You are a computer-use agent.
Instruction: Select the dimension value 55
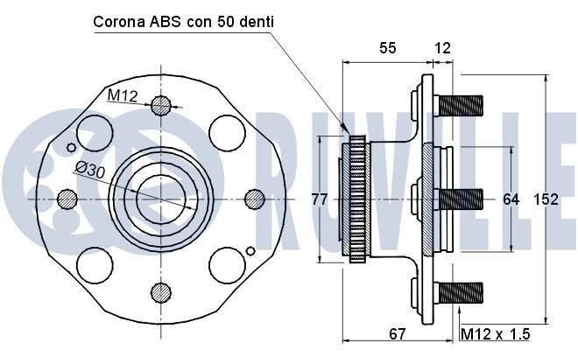point(388,48)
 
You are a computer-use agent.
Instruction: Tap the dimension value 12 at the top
point(442,48)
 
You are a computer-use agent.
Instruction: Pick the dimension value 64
point(511,199)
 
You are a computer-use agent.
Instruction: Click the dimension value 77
point(320,199)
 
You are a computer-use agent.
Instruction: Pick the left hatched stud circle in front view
point(67,199)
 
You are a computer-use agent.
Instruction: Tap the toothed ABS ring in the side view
point(356,199)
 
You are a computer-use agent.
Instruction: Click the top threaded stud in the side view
point(459,106)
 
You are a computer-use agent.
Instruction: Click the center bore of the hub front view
point(159,199)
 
